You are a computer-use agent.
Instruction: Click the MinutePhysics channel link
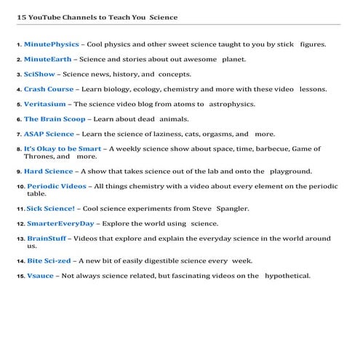point(51,44)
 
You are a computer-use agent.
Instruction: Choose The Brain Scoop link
point(51,119)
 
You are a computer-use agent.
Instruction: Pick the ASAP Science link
point(49,134)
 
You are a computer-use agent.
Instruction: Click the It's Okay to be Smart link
point(63,148)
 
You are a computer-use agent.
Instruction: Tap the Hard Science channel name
point(48,172)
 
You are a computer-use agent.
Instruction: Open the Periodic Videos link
point(57,186)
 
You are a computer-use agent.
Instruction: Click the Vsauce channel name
point(40,276)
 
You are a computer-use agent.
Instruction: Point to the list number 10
point(20,187)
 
